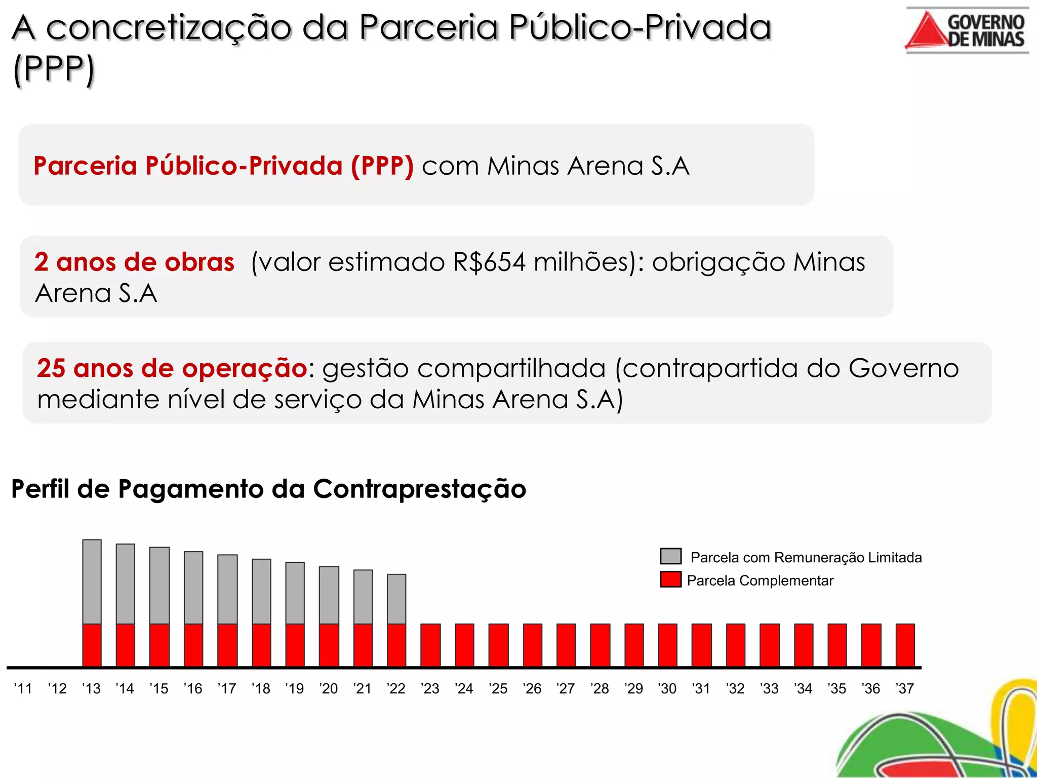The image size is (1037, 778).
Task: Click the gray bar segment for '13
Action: (x=92, y=581)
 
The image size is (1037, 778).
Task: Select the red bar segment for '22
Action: (x=396, y=645)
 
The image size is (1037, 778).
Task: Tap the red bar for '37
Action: (x=905, y=645)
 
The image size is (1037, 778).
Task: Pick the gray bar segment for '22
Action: (x=396, y=599)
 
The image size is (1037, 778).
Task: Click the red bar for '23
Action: (x=430, y=645)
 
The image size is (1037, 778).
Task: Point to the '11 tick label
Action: (x=23, y=688)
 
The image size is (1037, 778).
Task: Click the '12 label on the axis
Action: (x=57, y=688)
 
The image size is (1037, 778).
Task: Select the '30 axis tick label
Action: (x=667, y=688)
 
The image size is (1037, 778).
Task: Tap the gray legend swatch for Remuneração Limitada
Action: (x=670, y=556)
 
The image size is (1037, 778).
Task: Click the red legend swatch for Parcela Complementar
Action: (x=670, y=579)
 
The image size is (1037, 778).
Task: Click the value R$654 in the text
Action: (x=489, y=262)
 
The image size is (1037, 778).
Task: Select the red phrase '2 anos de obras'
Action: (x=134, y=262)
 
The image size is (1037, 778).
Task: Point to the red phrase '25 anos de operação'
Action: (x=172, y=368)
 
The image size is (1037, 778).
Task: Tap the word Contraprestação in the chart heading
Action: (x=419, y=489)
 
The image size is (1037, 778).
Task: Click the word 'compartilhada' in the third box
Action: (x=514, y=368)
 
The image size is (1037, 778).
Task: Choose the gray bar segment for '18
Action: (x=261, y=591)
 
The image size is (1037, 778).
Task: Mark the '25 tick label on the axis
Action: (x=498, y=688)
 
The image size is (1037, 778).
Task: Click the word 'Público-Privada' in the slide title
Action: (x=640, y=27)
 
